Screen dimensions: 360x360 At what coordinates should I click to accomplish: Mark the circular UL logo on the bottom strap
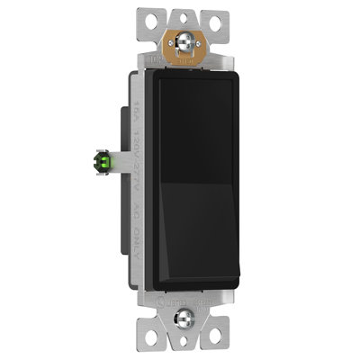pos(163,301)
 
